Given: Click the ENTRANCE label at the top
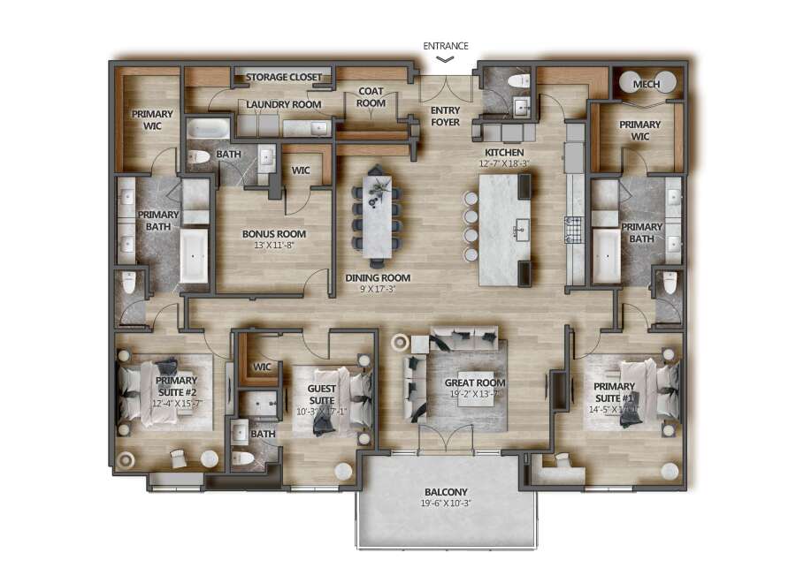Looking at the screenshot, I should point(445,46).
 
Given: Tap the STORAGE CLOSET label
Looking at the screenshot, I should point(283,77).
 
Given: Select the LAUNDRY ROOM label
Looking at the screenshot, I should point(283,104).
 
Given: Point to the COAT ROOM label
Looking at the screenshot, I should point(371,97).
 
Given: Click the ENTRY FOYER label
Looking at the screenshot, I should point(445,116).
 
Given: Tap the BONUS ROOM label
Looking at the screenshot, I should point(274,234).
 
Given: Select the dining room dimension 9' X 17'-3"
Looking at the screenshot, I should point(378,288).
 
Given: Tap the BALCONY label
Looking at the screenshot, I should point(446,492).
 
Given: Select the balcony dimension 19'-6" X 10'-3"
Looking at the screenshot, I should point(446,504).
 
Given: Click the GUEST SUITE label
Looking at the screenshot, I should point(320,394).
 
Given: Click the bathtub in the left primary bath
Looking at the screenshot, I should point(194,255).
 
